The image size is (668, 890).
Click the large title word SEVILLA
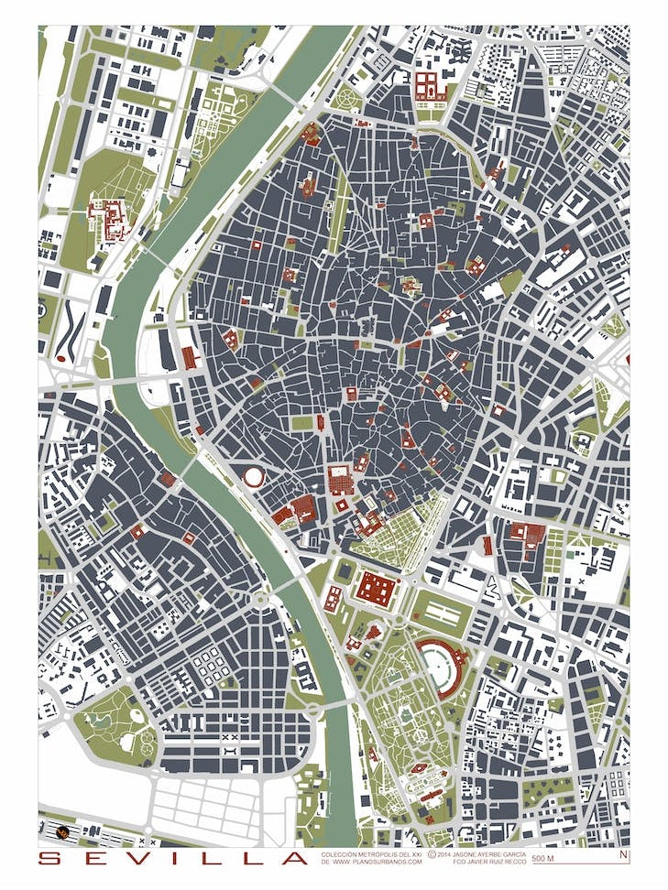point(174,859)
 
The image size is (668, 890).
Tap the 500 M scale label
point(542,859)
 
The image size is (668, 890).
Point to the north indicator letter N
point(623,855)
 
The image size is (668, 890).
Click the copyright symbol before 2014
point(432,854)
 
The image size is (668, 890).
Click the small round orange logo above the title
point(62,832)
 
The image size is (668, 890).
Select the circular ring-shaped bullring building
point(253,476)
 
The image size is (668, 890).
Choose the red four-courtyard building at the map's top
point(428,86)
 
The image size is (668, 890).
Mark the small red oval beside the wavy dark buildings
point(61,359)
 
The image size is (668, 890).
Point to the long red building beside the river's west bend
point(190,358)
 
